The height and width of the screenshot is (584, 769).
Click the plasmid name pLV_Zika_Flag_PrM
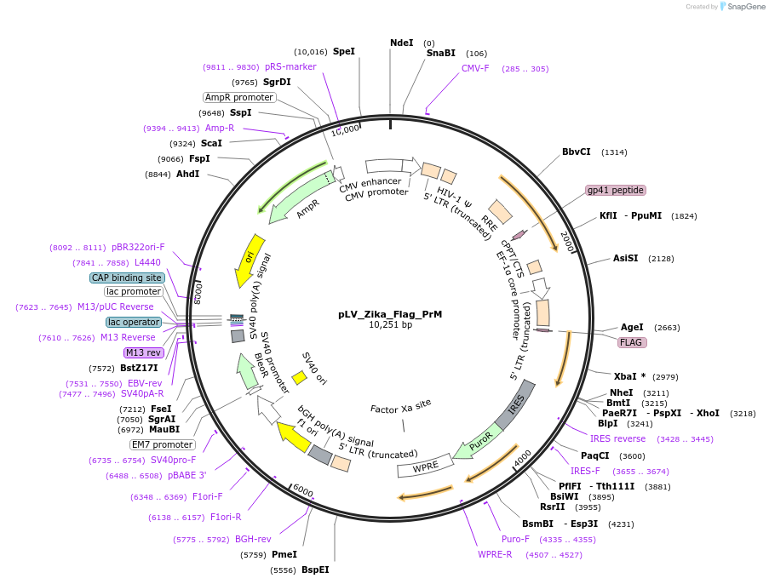coord(389,314)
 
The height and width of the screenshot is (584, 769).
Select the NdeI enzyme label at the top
coord(401,43)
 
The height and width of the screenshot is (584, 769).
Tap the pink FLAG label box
coord(631,342)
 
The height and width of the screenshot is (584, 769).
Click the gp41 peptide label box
coord(615,190)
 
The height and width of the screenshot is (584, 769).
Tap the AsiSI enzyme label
coord(625,258)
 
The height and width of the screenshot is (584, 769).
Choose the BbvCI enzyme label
coord(576,152)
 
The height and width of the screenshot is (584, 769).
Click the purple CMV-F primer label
coord(475,68)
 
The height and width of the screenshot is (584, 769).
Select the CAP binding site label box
coord(127,278)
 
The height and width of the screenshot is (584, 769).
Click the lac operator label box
coord(134,322)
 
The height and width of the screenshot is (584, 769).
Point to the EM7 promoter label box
coord(162,444)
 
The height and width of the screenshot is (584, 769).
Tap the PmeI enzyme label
coord(284,554)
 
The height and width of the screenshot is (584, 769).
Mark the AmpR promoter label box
coord(239,97)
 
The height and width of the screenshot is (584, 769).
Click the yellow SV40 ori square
coord(299,376)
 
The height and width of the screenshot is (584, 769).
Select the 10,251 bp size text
coord(390,325)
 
